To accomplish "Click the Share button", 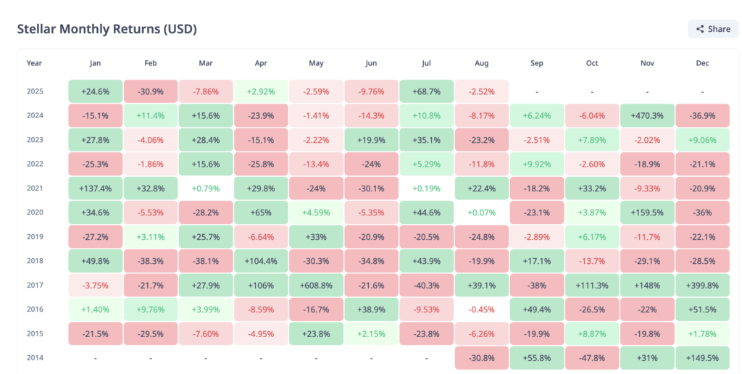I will [713, 29].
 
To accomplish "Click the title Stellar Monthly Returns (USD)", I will [107, 29].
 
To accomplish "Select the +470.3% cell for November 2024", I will [647, 115].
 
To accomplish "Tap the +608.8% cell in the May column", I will [316, 285].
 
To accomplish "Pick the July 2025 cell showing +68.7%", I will [426, 91].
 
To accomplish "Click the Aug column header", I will [481, 63].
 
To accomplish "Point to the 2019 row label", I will [34, 236].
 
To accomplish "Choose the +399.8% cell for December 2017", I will [702, 285].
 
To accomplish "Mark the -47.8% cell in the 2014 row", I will [592, 358].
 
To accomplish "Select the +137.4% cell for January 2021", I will [95, 188].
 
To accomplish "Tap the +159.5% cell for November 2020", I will [647, 212].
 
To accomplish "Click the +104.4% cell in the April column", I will [261, 261].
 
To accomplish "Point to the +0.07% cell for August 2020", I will [481, 212].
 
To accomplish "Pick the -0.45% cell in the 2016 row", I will [481, 309].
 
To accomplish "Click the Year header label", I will [34, 63].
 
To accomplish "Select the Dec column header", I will [702, 63].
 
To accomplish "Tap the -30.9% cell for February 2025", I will [150, 91].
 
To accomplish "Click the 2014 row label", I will [34, 358].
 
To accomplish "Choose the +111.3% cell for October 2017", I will [592, 285].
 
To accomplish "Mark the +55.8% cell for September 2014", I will [537, 358].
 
